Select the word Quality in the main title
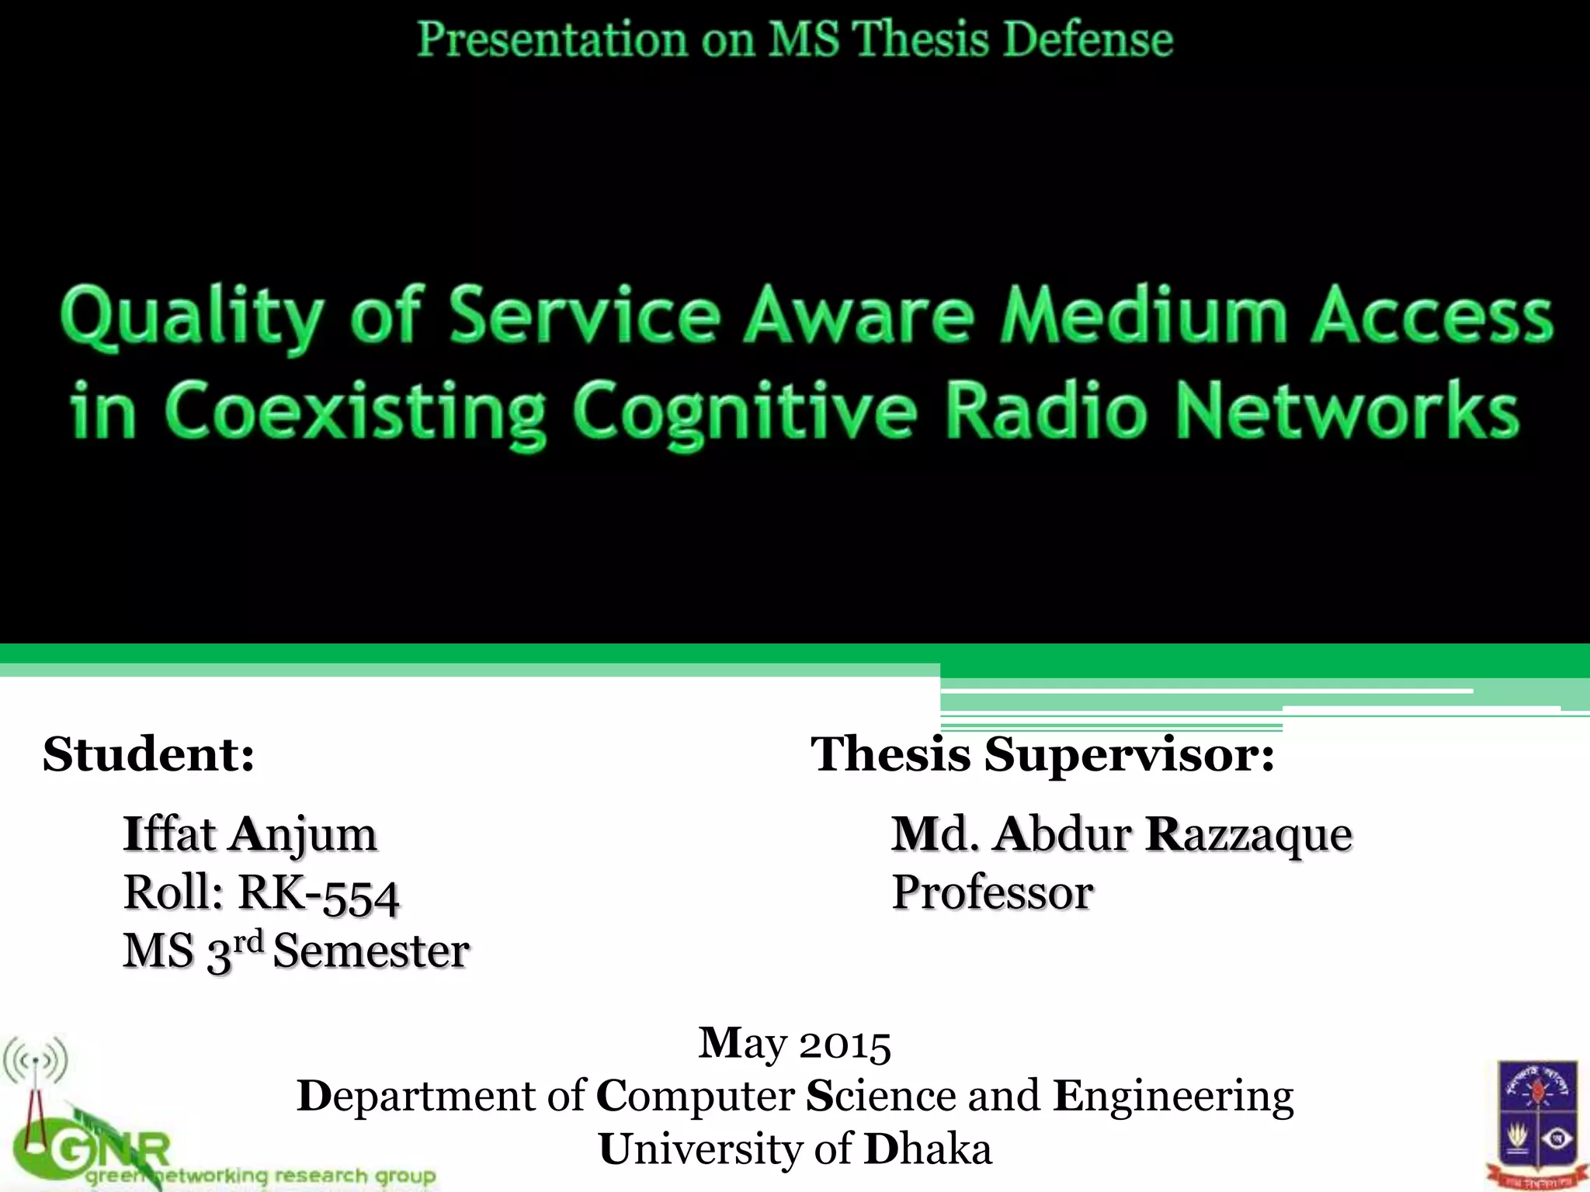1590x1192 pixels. coord(189,318)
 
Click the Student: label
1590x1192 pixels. coord(148,754)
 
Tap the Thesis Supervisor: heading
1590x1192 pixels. coord(1043,754)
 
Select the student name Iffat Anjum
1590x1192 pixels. coord(250,834)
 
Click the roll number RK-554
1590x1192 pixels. coord(318,893)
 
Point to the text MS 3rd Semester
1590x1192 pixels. coord(296,951)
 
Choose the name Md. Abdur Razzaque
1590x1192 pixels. coord(1122,834)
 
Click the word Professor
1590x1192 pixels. coord(992,892)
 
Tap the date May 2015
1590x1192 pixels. coord(794,1043)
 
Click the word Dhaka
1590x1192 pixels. coord(928,1149)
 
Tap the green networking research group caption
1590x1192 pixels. coord(260,1176)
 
